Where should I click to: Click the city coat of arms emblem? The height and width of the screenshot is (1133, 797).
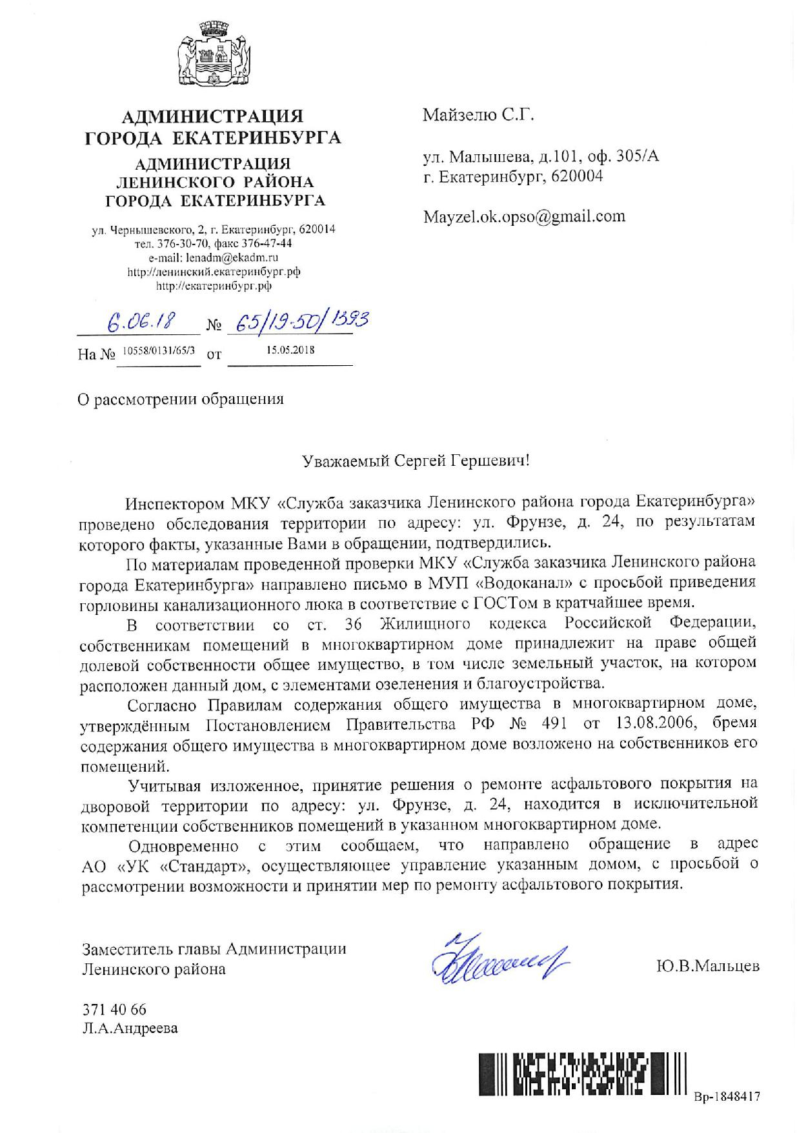pyautogui.click(x=212, y=55)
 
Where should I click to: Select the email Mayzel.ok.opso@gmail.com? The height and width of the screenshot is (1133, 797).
pyautogui.click(x=524, y=216)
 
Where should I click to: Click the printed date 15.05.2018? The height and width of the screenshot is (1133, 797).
pyautogui.click(x=290, y=349)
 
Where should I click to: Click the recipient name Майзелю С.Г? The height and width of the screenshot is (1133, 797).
pyautogui.click(x=479, y=115)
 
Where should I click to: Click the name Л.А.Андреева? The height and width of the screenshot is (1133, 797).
pyautogui.click(x=130, y=1028)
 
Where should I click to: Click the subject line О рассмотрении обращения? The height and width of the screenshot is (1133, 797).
pyautogui.click(x=181, y=399)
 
